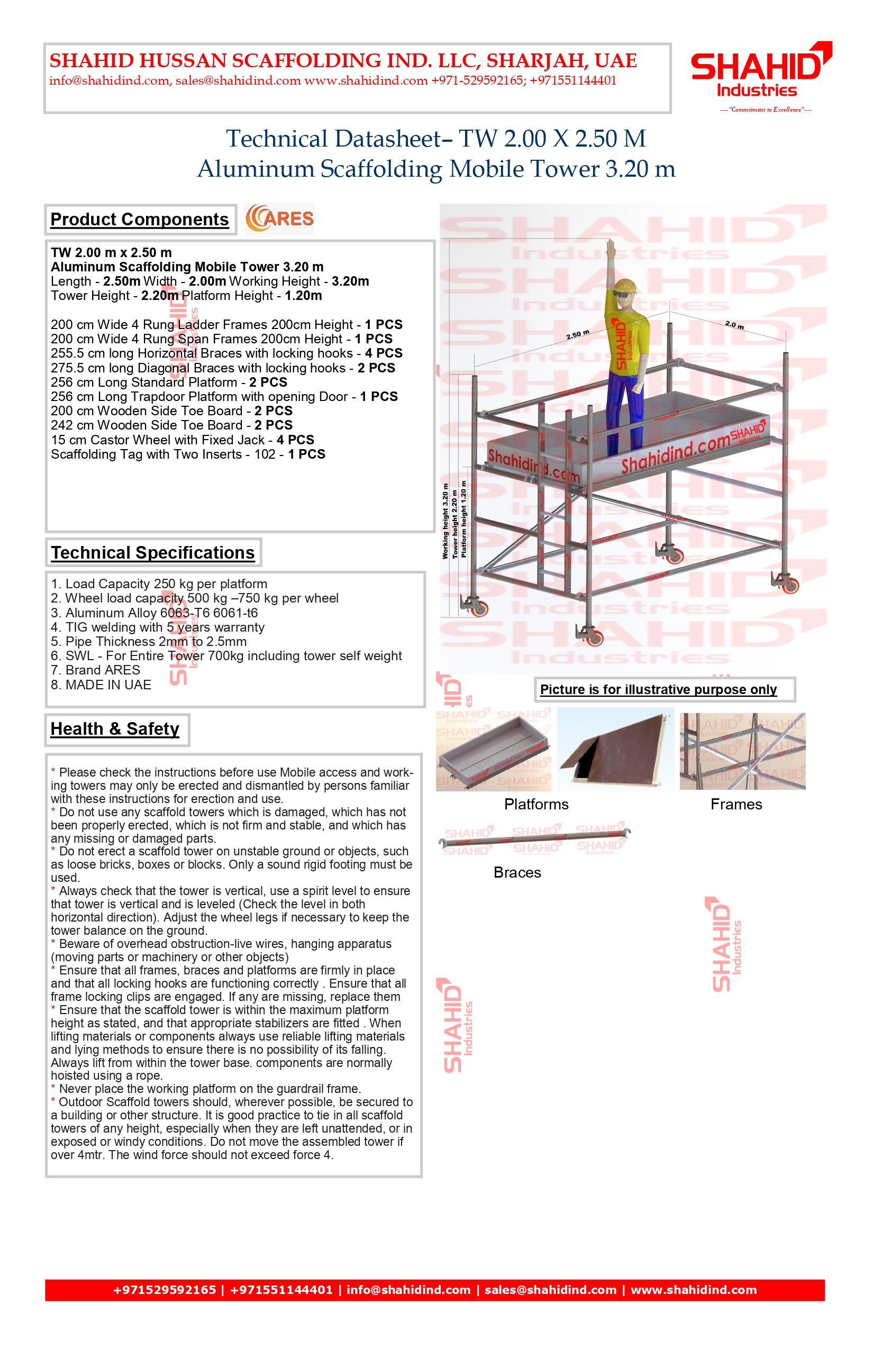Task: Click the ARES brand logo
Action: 279,219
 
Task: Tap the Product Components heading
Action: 140,220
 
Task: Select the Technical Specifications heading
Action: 152,553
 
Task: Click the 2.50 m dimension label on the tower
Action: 578,334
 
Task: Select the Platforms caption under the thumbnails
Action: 536,804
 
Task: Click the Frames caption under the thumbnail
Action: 736,804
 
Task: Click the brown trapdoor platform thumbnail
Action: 615,749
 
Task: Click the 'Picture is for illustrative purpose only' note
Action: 658,690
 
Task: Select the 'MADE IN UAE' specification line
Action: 101,685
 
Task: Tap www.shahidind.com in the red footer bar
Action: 693,1290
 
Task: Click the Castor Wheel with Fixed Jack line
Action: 182,440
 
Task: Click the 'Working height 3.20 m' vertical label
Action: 445,521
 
